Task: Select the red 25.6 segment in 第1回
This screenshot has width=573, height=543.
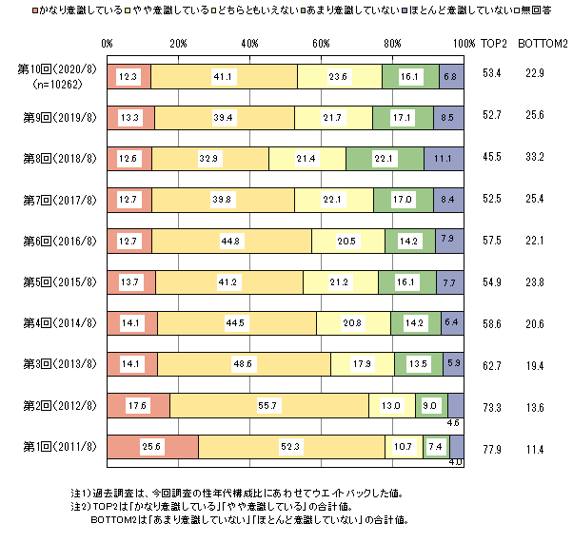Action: [x=153, y=445]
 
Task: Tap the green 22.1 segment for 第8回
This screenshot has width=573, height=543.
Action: [x=385, y=156]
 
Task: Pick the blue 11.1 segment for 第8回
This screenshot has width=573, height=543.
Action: [x=445, y=156]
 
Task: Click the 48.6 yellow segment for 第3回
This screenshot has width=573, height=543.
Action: [x=244, y=364]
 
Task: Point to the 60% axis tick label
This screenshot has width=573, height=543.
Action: [x=321, y=44]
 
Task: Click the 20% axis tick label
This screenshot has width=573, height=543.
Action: [x=178, y=44]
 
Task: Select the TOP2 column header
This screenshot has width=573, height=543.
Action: [x=494, y=44]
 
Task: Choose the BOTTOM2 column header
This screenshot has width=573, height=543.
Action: [x=543, y=44]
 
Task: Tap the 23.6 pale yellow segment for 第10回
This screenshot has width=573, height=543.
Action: [x=339, y=76]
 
